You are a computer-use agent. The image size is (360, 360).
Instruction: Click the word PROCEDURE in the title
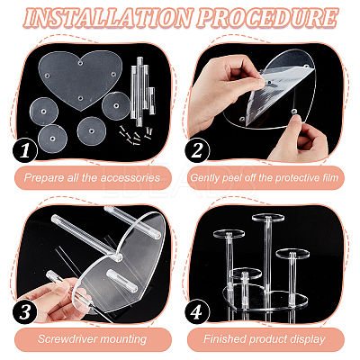click(x=268, y=17)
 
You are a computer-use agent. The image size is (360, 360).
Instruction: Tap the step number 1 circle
click(x=25, y=150)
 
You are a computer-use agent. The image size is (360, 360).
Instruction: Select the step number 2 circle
click(x=197, y=150)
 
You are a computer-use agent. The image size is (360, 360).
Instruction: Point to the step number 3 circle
click(x=25, y=312)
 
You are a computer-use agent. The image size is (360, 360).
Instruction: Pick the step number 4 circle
click(x=197, y=312)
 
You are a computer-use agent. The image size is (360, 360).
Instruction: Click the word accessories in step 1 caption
click(x=130, y=178)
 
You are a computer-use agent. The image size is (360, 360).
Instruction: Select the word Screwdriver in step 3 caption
click(x=67, y=339)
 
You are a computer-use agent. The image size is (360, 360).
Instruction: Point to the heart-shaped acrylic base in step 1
click(x=80, y=79)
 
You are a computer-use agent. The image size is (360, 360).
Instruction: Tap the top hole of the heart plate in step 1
click(x=80, y=63)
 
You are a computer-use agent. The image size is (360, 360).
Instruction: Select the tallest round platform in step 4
click(x=268, y=217)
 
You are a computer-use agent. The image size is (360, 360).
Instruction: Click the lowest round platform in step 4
click(x=246, y=273)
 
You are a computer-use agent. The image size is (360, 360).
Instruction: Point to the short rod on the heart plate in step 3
click(x=122, y=281)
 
